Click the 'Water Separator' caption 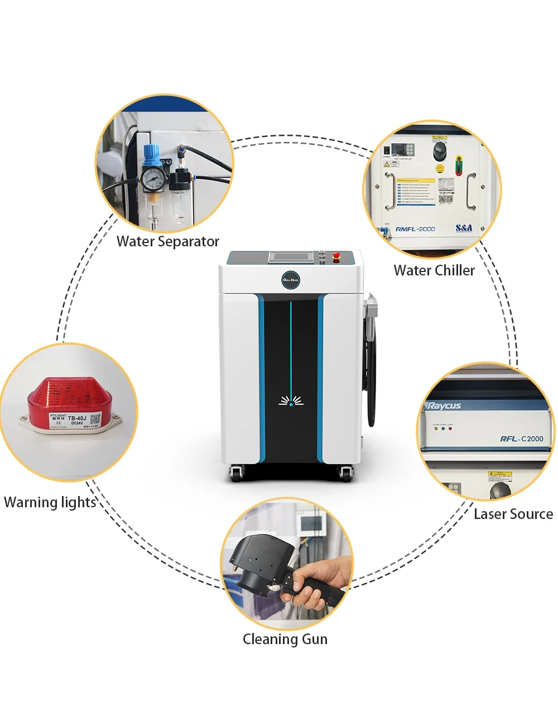pos(167,242)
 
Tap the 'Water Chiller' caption pos(434,270)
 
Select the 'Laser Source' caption pos(513,514)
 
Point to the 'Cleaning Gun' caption pos(285,639)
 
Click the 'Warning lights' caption pos(50,502)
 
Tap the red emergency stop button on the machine pos(336,257)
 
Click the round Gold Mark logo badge pos(291,279)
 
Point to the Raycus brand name pos(444,406)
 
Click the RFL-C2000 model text pos(521,439)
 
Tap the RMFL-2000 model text pos(415,229)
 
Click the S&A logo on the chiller pos(464,228)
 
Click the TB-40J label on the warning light pos(77,418)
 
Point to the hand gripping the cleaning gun pos(312,587)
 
